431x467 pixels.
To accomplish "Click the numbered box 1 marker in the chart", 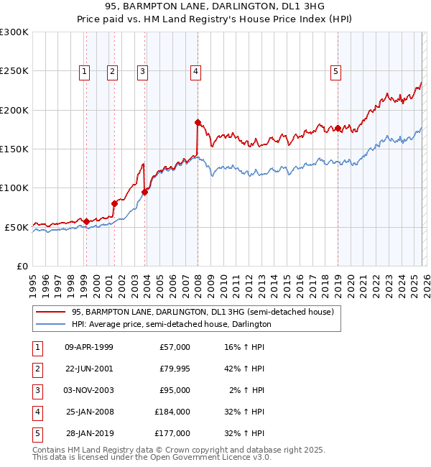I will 85,71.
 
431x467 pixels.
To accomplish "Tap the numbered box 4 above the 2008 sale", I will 195,71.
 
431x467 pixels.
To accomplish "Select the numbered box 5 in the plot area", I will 336,71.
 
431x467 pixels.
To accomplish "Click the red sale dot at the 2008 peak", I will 198,123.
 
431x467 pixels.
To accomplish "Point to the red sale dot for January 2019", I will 338,129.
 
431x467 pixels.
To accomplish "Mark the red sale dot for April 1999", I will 86,221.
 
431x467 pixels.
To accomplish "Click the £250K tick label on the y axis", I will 14,71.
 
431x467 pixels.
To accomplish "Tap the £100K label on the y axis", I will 14,188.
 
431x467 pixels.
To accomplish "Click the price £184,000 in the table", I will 173,412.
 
